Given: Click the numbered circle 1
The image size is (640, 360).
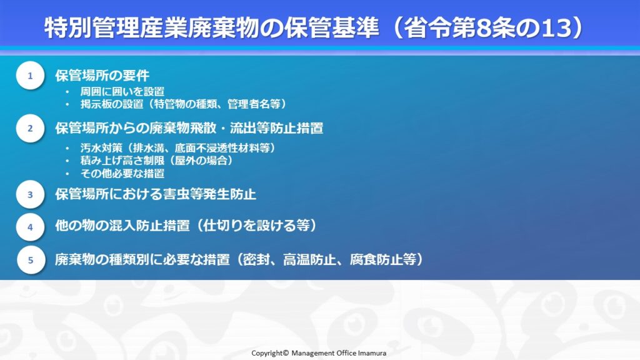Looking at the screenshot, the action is [x=30, y=76].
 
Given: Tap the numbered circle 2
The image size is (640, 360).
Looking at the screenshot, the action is [x=30, y=128].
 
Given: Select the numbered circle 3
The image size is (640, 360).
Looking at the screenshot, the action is [x=30, y=194].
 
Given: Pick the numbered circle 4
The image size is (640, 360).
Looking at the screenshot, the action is [x=30, y=227].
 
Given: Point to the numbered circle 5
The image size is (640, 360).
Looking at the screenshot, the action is [x=31, y=259].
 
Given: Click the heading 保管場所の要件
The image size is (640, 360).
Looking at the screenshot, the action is [x=102, y=76].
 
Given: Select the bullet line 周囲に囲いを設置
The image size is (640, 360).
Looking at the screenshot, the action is [x=122, y=91].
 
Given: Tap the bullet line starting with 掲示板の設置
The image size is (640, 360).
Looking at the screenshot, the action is [x=183, y=104].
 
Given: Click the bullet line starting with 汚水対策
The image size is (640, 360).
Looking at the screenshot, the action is [x=178, y=147].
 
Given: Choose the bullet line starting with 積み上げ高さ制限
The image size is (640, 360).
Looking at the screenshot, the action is [x=157, y=161].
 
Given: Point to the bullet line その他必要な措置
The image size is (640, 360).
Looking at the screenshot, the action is [x=122, y=174].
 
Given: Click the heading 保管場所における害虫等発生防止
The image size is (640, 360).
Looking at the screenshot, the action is [x=156, y=194].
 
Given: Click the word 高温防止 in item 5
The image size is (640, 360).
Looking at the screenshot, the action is [x=309, y=259].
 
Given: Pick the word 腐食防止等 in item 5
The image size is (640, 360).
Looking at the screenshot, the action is [x=383, y=259].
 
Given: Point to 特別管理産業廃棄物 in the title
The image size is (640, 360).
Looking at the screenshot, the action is [x=152, y=28].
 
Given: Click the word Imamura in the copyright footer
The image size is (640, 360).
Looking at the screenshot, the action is [x=372, y=353].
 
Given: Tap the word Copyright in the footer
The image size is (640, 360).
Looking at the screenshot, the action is [x=267, y=353].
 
